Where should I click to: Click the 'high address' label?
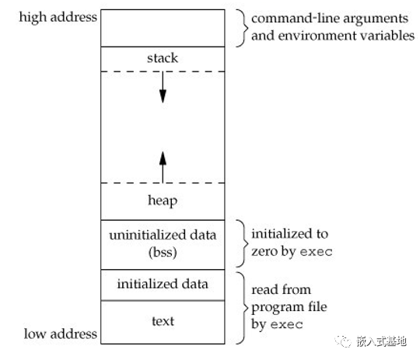pos(58,18)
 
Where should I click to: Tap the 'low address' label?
pos(60,334)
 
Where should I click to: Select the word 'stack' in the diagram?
pos(163,58)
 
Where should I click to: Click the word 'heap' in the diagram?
pos(163,201)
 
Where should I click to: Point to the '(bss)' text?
pos(163,252)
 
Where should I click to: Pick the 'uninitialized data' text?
pos(163,235)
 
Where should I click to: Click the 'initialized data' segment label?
pos(163,284)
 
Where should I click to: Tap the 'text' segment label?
pos(163,321)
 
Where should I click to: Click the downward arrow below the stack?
pos(163,87)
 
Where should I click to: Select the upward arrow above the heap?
pos(163,167)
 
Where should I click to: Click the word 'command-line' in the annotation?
pos(296,19)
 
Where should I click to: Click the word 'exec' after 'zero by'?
pos(316,252)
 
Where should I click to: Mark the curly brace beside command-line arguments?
pos(242,28)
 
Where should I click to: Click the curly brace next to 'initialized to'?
pos(242,243)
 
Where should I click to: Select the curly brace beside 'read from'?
pos(242,308)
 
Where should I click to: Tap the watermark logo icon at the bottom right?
pos(343,341)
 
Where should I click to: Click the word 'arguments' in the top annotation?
pos(376,19)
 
